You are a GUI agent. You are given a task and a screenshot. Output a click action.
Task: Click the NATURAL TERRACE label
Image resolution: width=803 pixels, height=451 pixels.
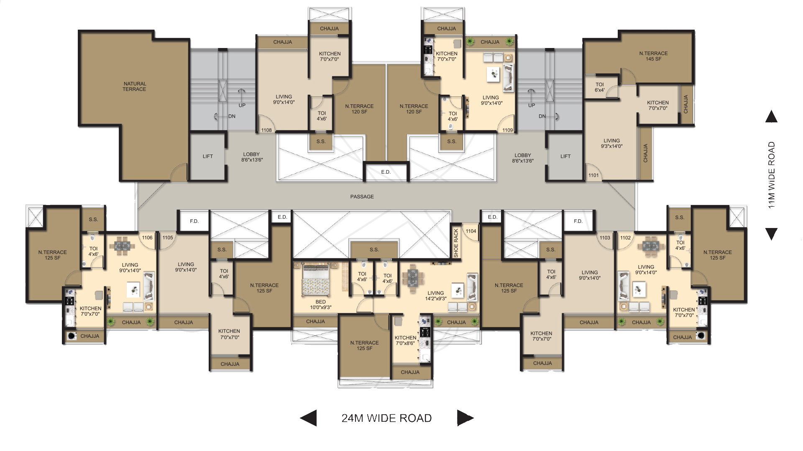(134, 86)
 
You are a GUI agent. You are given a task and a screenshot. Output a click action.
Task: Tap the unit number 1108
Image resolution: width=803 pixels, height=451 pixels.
(266, 130)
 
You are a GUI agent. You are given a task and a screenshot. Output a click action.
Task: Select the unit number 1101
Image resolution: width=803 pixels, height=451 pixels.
(593, 175)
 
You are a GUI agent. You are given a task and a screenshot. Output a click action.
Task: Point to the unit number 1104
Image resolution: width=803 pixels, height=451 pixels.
(471, 231)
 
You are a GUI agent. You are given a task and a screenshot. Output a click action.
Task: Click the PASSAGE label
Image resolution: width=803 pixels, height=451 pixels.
(362, 197)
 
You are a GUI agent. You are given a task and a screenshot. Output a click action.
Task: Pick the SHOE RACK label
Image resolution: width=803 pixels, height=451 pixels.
(456, 243)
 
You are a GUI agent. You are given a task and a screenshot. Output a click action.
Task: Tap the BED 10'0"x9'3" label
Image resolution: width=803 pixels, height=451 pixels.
(321, 304)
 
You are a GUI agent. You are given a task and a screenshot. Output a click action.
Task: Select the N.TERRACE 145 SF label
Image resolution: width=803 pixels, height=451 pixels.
(653, 56)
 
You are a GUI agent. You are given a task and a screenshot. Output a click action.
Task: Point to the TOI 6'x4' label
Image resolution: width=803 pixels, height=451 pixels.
(600, 87)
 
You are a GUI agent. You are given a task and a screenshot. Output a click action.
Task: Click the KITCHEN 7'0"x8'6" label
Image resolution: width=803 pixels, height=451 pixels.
(406, 341)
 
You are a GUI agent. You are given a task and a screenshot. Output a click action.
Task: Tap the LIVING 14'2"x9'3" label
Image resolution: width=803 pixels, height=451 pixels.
(436, 296)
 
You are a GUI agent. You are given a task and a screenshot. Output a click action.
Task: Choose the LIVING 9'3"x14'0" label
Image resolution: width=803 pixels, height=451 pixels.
(611, 144)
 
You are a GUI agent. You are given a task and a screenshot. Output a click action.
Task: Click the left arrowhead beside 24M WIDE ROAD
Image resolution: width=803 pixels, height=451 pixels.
(309, 418)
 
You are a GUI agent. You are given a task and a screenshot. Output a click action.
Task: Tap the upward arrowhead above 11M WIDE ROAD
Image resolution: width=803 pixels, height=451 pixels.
(771, 117)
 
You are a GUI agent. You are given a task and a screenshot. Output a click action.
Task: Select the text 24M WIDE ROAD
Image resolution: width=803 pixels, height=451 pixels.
(387, 418)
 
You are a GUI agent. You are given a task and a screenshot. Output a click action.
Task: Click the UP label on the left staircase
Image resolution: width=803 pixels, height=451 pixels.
(242, 106)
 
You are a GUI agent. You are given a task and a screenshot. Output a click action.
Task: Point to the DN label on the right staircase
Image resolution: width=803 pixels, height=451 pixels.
(542, 117)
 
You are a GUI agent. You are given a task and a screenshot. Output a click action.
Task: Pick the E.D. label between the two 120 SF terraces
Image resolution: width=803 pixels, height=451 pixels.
(386, 172)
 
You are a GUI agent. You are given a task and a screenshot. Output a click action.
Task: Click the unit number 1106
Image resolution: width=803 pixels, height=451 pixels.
(147, 238)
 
